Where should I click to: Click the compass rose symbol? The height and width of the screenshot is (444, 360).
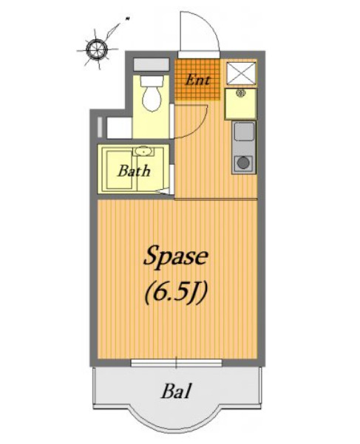[x=97, y=49]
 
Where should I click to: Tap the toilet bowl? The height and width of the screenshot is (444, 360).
[x=152, y=98]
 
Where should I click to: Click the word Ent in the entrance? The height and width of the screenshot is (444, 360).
[x=197, y=80]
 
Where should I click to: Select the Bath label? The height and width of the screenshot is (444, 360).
[x=134, y=171]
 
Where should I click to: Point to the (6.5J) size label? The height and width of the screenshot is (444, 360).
[x=177, y=294]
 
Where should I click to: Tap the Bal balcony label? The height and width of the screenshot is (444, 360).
[x=177, y=391]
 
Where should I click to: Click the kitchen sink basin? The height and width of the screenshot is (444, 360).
[x=244, y=131]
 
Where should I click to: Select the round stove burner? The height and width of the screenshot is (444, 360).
[x=243, y=163]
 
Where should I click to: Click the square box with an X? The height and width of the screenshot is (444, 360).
[x=241, y=73]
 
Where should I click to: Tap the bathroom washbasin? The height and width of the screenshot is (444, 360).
[x=143, y=151]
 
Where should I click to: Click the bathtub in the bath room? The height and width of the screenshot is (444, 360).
[x=120, y=170]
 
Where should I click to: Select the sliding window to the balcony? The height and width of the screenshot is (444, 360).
[x=176, y=363]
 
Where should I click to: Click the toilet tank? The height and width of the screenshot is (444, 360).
[x=152, y=81]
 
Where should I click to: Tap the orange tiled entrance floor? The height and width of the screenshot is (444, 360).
[x=197, y=80]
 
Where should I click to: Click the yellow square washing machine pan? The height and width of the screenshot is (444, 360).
[x=241, y=103]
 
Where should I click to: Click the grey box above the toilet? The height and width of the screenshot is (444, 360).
[x=152, y=64]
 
